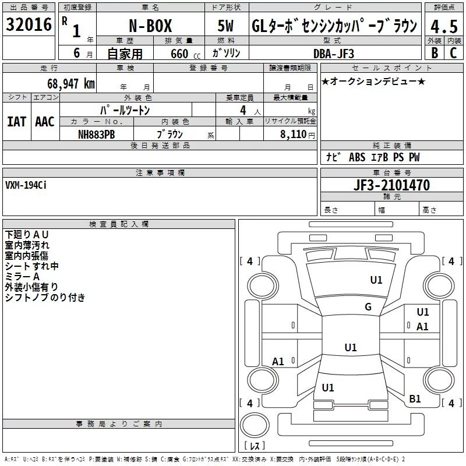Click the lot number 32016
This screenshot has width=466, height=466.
[29, 24]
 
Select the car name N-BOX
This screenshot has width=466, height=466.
[150, 26]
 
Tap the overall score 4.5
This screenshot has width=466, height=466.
[444, 26]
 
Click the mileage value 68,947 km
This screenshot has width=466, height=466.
[70, 84]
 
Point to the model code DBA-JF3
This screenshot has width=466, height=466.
[334, 54]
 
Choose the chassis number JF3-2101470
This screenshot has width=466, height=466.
[391, 185]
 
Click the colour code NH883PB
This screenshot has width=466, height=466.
[96, 135]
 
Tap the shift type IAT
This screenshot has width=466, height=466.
[17, 122]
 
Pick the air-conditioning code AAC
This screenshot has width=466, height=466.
[45, 122]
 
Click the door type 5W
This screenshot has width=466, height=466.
[225, 26]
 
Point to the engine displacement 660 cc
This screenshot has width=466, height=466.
[185, 54]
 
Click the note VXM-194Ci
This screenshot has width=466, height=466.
[26, 185]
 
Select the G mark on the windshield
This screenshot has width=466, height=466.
[368, 306]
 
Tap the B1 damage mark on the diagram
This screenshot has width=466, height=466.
[415, 398]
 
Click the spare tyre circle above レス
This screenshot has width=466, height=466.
[255, 425]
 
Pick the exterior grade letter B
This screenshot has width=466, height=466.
[435, 53]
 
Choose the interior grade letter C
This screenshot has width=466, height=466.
[453, 53]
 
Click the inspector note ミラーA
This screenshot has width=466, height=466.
[22, 277]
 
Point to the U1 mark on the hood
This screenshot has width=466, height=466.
[376, 280]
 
